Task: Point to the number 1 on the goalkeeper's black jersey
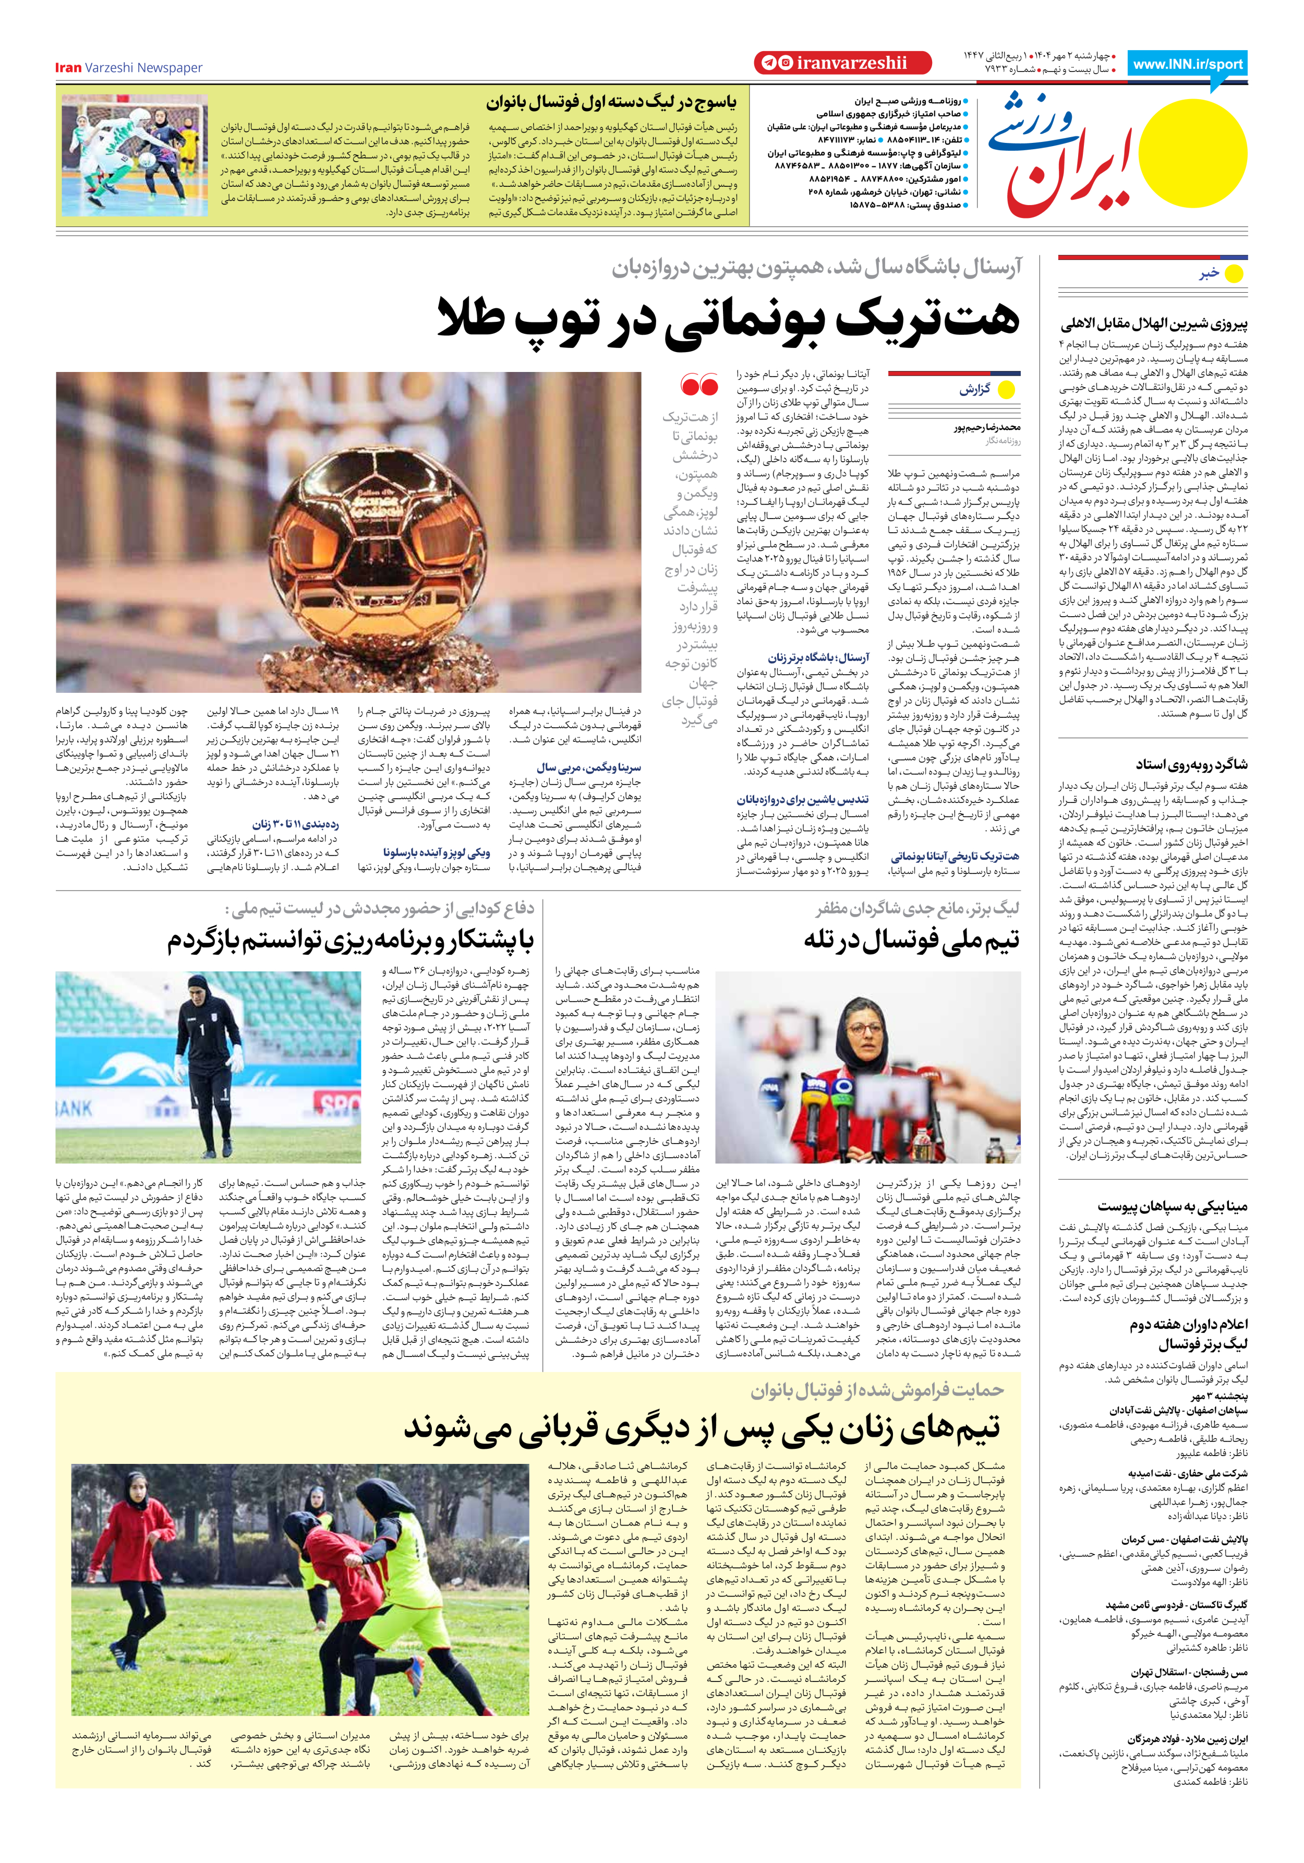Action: pyautogui.click(x=201, y=1030)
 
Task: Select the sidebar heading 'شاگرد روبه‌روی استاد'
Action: pyautogui.click(x=1191, y=764)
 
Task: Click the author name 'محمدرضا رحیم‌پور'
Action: pyautogui.click(x=987, y=427)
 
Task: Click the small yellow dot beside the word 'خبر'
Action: pyautogui.click(x=1234, y=274)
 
